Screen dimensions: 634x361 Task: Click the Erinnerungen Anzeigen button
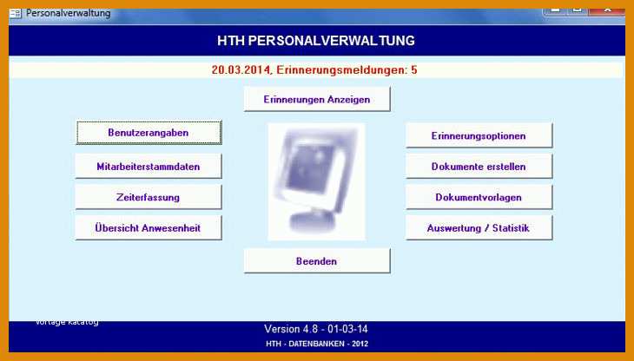[x=317, y=99]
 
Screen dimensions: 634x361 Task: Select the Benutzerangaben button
[x=149, y=133]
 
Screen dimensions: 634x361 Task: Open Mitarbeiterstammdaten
[x=149, y=166]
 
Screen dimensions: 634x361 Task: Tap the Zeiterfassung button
[x=149, y=197]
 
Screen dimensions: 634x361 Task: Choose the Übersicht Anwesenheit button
[x=149, y=227]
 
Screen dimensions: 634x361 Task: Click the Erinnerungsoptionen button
[x=479, y=135]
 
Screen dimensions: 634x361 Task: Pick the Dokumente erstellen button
[x=479, y=166]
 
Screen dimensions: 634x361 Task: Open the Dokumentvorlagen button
[x=479, y=197]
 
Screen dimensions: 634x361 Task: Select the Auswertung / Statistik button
[x=479, y=227]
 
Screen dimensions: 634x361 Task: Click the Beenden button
[x=317, y=261]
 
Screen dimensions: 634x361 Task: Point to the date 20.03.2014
[x=241, y=70]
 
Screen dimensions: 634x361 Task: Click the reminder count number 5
[x=414, y=70]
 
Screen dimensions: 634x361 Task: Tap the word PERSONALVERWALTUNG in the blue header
[x=331, y=41]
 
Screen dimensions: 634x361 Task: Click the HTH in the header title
[x=231, y=41]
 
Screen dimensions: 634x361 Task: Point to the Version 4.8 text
[x=291, y=329]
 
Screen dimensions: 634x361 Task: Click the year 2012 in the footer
[x=360, y=344]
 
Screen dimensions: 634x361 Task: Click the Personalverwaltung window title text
[x=69, y=13]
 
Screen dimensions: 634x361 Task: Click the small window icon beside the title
[x=16, y=13]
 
